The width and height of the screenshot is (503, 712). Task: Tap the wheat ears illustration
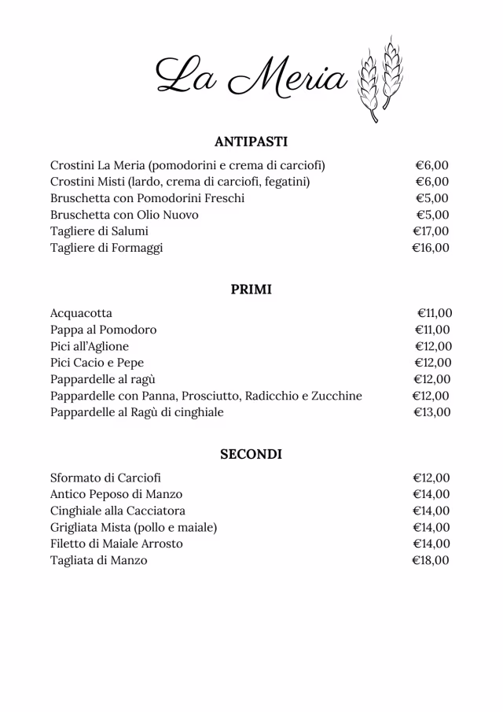(x=380, y=79)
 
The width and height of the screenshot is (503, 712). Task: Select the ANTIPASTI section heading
(x=251, y=142)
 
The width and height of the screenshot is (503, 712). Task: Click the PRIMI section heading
(x=251, y=290)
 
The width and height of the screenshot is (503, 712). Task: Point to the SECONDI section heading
(x=251, y=455)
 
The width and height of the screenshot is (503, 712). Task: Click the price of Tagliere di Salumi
(x=431, y=231)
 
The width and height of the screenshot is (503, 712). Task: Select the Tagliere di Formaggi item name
(x=107, y=248)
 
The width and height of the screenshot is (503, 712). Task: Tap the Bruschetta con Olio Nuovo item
(x=124, y=215)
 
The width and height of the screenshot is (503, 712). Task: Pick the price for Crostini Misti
(x=431, y=182)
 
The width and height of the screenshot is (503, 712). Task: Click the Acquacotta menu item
(x=81, y=313)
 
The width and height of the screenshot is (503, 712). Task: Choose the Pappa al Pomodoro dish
(x=103, y=330)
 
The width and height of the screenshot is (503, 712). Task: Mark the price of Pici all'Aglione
(x=432, y=346)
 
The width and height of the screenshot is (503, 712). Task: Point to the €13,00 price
(x=431, y=412)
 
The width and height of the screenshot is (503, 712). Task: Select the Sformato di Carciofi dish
(x=105, y=478)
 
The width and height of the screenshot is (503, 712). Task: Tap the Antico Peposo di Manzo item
(x=116, y=495)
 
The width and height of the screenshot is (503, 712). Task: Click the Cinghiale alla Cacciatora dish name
(x=118, y=511)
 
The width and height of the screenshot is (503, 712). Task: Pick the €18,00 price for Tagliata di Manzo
(x=431, y=561)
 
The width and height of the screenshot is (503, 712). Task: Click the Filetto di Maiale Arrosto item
(x=116, y=544)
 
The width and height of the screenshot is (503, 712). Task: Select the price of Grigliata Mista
(x=431, y=528)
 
